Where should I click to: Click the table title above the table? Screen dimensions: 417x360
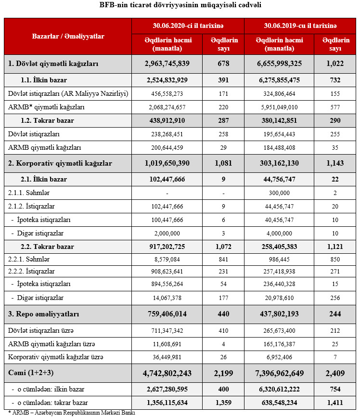[180, 5]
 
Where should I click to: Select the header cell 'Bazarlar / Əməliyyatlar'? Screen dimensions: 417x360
[68, 36]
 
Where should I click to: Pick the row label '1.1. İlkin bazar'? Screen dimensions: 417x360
[44, 80]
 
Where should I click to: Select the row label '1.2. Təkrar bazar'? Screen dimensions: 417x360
[47, 120]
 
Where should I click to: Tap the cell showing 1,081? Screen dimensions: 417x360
[223, 163]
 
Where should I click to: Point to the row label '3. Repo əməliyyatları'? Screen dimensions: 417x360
[44, 314]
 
